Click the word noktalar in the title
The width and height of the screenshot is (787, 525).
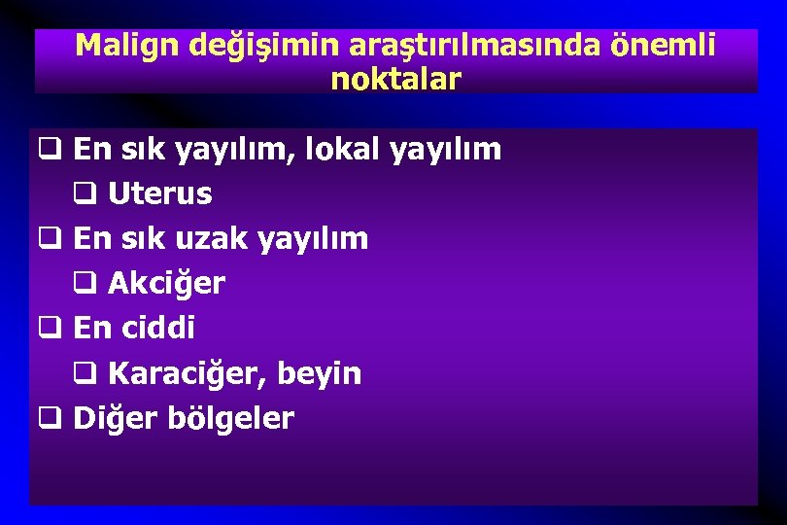(x=395, y=79)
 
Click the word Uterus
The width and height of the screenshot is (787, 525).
(x=159, y=194)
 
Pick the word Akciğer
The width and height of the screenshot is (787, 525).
(x=166, y=284)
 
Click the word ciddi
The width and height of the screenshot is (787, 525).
(x=158, y=329)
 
